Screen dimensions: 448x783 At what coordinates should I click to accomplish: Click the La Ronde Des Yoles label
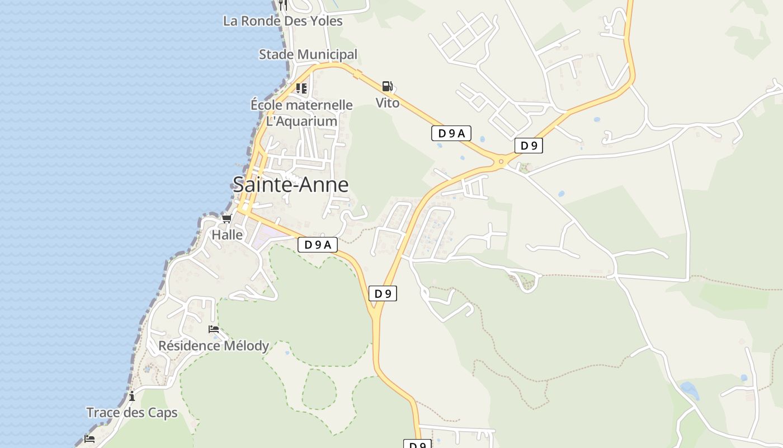coord(282,21)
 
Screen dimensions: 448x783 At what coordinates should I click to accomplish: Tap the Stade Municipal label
coord(308,54)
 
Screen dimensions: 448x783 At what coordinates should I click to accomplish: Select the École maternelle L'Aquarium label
coord(301,113)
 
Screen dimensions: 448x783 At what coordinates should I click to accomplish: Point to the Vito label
coord(388,102)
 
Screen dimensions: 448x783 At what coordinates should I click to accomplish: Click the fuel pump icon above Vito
coord(387,86)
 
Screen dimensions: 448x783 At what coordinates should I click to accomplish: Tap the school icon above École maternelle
coord(301,88)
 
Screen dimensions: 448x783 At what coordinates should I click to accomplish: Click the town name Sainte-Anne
coord(290,184)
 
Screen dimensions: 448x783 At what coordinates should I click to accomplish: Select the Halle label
coord(227,235)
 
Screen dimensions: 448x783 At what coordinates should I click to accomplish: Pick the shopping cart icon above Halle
coord(227,218)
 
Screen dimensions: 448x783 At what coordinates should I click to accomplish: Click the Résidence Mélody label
coord(214,346)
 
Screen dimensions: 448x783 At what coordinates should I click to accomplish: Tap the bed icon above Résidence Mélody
coord(213,329)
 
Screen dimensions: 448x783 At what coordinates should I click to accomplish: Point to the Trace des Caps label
coord(132,413)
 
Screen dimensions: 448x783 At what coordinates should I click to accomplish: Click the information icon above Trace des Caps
coord(132,396)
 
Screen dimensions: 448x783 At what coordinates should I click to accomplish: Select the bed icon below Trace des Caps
coord(89,438)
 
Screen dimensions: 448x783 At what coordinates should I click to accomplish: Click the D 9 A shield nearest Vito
coord(451,133)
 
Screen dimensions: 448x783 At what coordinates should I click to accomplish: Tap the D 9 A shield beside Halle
coord(318,244)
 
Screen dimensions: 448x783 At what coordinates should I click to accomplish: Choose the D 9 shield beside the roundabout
coord(529,146)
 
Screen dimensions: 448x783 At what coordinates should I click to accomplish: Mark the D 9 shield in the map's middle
coord(383,293)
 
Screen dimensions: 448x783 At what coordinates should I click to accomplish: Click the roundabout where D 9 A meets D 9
coord(501,162)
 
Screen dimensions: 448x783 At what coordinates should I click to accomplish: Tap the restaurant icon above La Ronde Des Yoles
coord(283,5)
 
